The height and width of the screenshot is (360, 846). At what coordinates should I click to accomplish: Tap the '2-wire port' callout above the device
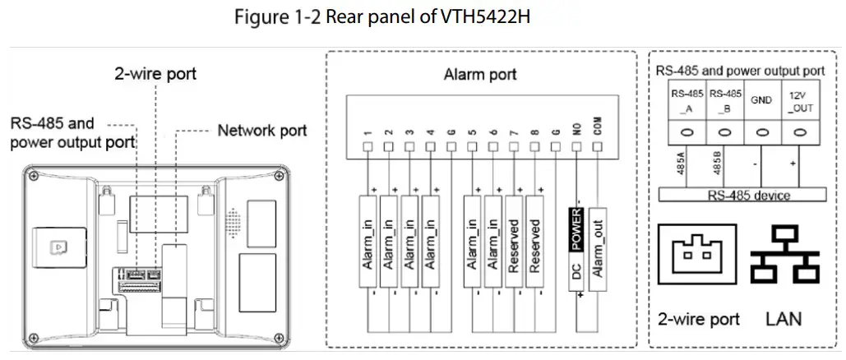pos(155,76)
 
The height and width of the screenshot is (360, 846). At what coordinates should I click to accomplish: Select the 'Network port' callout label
pos(261,130)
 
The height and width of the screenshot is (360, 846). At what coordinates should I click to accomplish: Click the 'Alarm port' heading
pos(481,75)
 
